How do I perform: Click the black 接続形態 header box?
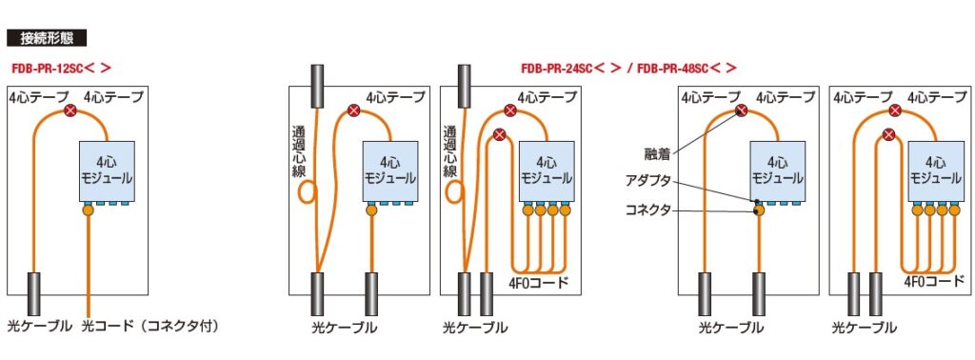pyautogui.click(x=47, y=39)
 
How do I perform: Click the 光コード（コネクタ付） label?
pyautogui.click(x=151, y=327)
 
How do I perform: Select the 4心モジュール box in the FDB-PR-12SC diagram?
pyautogui.click(x=109, y=170)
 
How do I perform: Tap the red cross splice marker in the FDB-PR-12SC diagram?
pyautogui.click(x=70, y=112)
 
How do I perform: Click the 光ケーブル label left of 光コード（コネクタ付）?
pyautogui.click(x=40, y=327)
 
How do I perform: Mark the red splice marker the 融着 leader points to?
pyautogui.click(x=740, y=112)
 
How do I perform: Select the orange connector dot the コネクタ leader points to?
pyautogui.click(x=759, y=210)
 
